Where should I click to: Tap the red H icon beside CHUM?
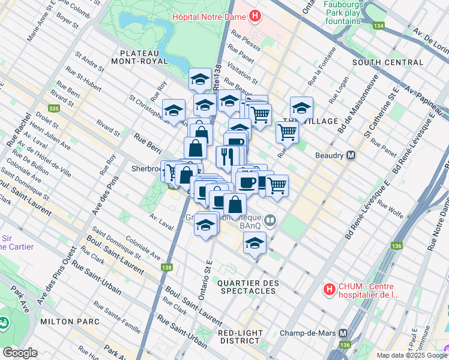(329, 290)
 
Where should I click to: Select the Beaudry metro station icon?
(352, 155)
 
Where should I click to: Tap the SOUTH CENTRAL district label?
(388, 62)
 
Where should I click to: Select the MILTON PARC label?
(69, 322)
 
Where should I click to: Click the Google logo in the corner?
(19, 353)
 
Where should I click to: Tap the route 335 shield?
(54, 109)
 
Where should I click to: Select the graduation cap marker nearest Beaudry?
(301, 108)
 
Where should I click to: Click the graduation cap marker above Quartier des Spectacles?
(255, 244)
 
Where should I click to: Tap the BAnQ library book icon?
(271, 221)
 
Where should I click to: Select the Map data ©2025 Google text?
(411, 355)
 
